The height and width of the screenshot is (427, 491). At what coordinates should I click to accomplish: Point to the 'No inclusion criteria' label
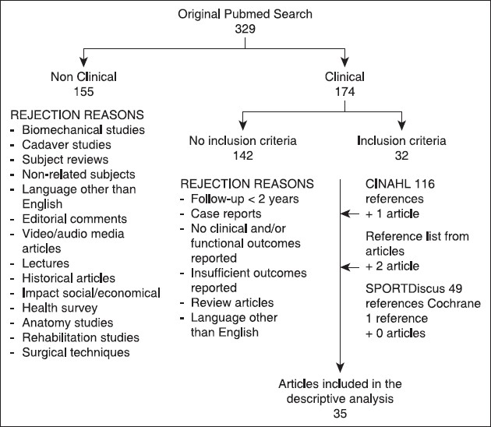(x=243, y=141)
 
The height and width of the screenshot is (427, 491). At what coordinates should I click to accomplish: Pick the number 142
(x=243, y=155)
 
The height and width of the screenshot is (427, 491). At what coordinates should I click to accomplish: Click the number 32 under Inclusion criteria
(x=402, y=155)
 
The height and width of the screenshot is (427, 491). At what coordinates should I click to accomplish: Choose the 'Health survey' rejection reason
(x=64, y=309)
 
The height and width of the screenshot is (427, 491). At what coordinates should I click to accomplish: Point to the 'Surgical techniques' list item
(x=76, y=352)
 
